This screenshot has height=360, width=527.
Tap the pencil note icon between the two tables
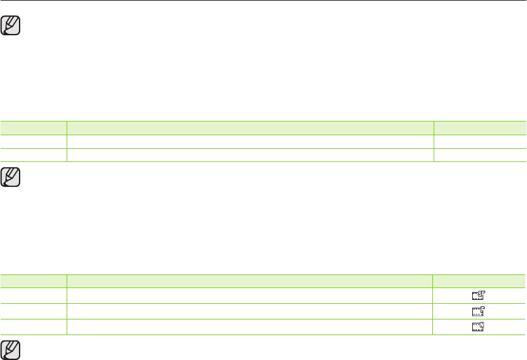(x=12, y=178)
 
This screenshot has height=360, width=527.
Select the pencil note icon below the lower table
(x=12, y=350)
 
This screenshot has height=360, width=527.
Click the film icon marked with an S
(x=479, y=295)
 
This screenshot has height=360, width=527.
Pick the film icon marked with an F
(x=479, y=311)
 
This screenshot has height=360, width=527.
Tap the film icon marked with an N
(x=479, y=327)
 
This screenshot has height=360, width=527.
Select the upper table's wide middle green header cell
(x=251, y=127)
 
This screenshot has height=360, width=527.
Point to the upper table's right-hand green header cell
(x=481, y=127)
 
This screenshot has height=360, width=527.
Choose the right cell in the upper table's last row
(x=481, y=155)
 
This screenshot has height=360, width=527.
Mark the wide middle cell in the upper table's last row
(x=251, y=155)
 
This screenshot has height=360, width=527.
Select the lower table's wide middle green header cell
(x=249, y=281)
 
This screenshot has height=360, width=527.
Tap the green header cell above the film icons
(x=479, y=281)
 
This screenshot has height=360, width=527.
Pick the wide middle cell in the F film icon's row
(x=249, y=311)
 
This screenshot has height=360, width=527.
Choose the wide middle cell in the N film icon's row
(x=249, y=327)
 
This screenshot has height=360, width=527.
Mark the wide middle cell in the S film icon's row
(x=249, y=295)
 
